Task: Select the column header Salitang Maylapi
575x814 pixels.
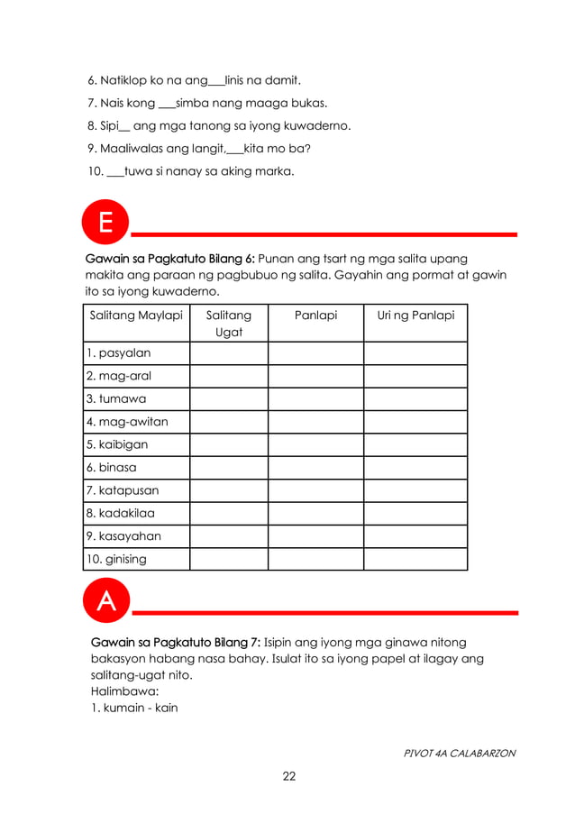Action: click(x=136, y=316)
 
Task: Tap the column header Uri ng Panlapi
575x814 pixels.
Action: click(x=415, y=316)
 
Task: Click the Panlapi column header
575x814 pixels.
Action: click(x=315, y=316)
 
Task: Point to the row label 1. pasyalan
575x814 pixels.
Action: click(x=119, y=353)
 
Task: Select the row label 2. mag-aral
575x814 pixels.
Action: click(x=121, y=376)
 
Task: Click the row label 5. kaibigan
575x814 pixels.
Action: click(x=117, y=444)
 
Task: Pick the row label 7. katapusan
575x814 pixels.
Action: click(x=123, y=490)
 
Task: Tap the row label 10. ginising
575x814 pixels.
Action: click(x=116, y=559)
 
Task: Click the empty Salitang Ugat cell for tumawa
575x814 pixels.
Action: click(x=229, y=398)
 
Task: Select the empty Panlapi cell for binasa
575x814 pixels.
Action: click(x=315, y=468)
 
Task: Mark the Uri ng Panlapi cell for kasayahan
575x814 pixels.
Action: click(x=415, y=536)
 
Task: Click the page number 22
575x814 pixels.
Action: click(x=287, y=776)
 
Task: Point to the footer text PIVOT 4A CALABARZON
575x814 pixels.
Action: click(x=460, y=753)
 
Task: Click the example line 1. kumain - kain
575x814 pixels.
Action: click(x=134, y=708)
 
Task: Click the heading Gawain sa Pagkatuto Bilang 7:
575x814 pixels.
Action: click(x=176, y=643)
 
